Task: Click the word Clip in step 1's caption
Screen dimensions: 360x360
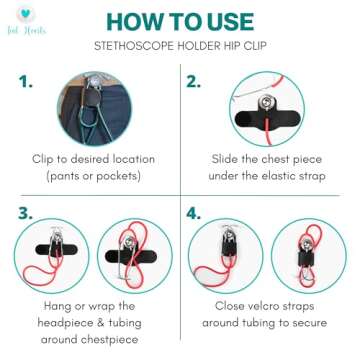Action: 44,158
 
